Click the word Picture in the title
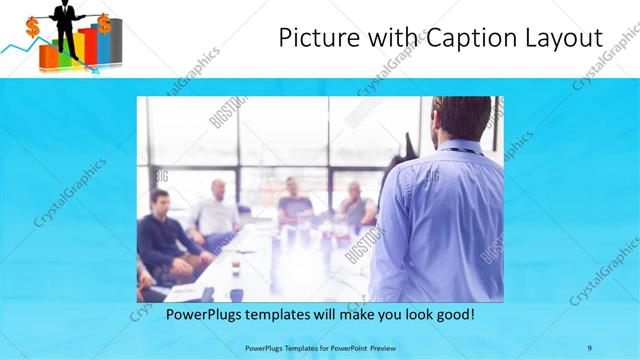tap(313, 38)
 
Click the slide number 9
tap(589, 348)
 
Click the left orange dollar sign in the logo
tap(32, 27)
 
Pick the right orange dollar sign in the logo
tap(104, 22)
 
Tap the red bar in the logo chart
tap(88, 48)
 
